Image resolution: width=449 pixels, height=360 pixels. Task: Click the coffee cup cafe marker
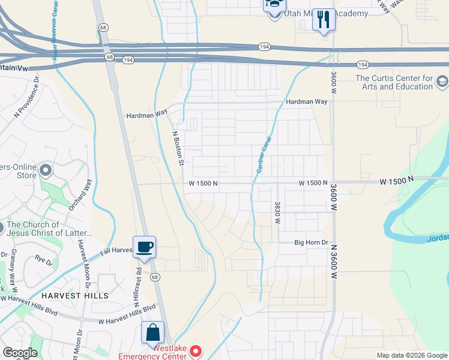144,247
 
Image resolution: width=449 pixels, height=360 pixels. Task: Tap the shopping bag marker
152,332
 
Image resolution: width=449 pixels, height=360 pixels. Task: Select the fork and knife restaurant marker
324,20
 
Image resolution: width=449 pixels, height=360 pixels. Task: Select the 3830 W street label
278,212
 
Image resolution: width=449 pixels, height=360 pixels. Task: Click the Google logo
20,352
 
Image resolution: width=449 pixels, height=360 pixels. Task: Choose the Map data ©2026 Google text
412,355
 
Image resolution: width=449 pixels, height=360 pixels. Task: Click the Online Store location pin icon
45,171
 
